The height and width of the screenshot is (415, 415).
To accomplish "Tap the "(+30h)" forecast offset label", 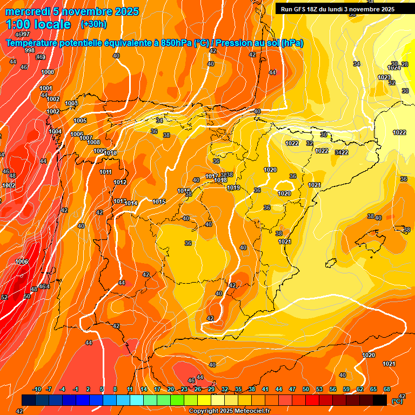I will point(93,24).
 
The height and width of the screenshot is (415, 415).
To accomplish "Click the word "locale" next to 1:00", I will point(52,24).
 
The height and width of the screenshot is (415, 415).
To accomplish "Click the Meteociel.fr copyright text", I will point(229,411).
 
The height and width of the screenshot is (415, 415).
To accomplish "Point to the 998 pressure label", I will point(30,50).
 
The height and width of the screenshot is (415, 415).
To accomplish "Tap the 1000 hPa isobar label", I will point(48,72).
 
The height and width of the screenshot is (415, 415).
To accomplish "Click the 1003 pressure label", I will point(71,103).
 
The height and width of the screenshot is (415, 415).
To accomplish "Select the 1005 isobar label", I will point(80,121).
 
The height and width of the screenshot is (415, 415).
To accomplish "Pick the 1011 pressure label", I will point(106,172).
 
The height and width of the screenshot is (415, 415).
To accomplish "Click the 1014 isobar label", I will point(131,203).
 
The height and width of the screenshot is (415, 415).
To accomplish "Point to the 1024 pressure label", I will point(394,68).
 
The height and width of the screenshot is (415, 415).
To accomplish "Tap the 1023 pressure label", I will point(384,77).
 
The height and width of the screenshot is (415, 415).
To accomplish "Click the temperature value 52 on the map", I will point(4,297).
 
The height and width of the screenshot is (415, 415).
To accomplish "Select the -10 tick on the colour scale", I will point(37,389).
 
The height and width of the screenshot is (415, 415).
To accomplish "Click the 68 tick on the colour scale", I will point(387,389).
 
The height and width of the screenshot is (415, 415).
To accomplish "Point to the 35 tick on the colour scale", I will point(238,389).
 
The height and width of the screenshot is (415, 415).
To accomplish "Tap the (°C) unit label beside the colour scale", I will point(397,401).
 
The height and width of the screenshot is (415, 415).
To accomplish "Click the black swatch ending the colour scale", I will point(380,400).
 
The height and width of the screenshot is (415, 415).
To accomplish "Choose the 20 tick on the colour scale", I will point(171,389).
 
